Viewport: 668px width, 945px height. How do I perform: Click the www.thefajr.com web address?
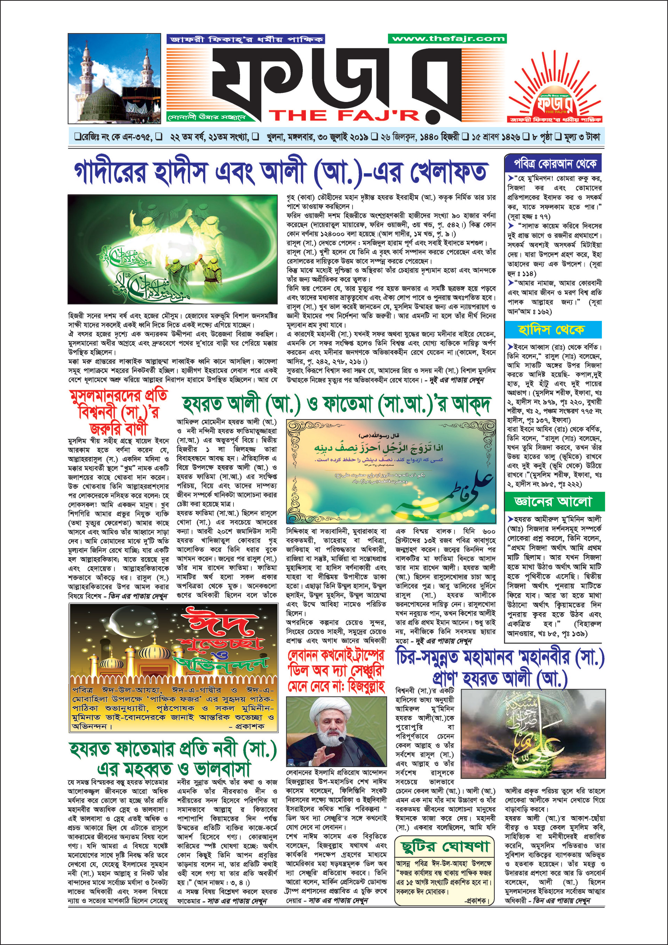(447, 39)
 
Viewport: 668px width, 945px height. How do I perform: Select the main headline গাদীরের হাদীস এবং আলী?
(281, 172)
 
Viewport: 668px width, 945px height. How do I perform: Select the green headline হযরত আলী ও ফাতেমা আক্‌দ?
(336, 405)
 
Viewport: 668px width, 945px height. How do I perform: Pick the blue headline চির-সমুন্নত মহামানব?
(500, 668)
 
